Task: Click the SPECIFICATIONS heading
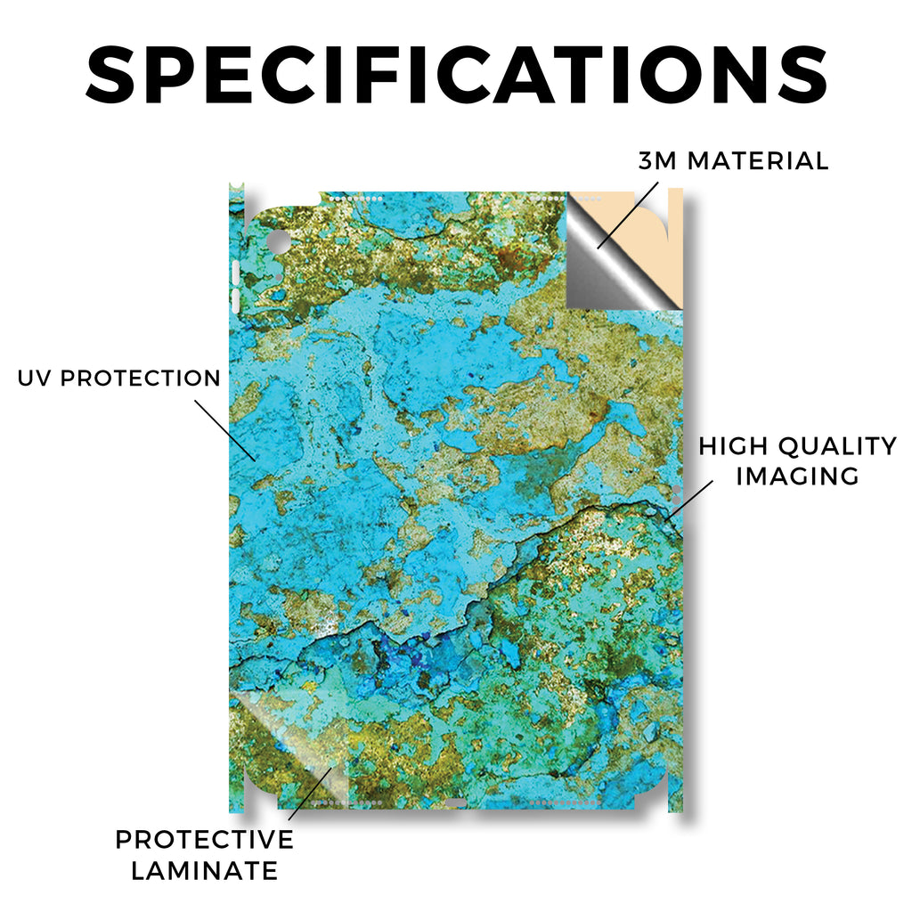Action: tap(457, 75)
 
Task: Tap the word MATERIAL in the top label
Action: tap(758, 161)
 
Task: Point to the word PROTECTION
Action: tap(141, 378)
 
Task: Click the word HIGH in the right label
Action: tap(734, 446)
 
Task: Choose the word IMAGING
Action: tap(797, 476)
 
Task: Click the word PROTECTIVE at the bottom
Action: tap(204, 839)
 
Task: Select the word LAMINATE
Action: tap(204, 871)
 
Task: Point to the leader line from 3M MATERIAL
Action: tap(628, 216)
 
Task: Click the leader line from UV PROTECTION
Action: tap(225, 430)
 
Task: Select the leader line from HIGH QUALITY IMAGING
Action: tap(690, 500)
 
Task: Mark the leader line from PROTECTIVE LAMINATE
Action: tap(310, 794)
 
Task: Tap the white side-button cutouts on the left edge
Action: tap(235, 287)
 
